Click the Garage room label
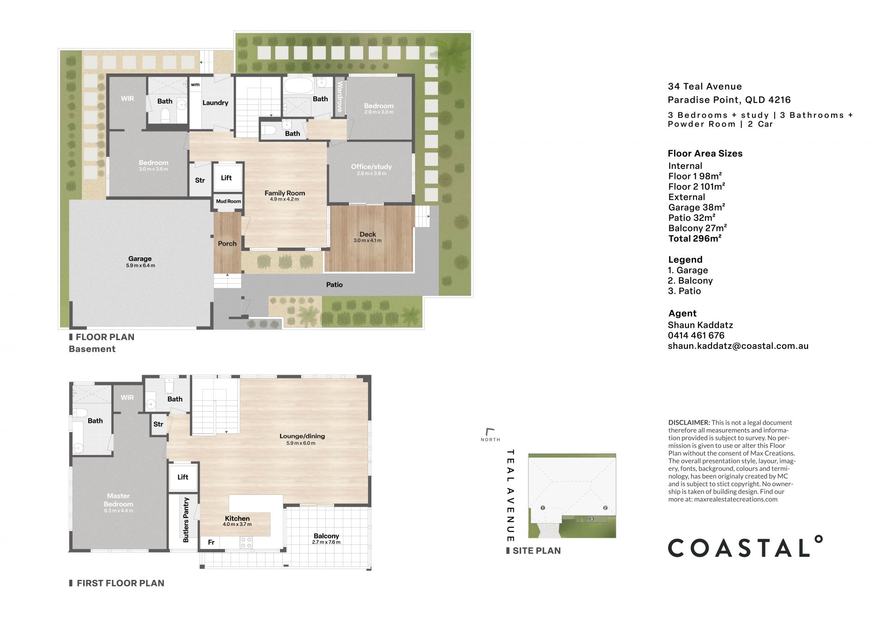pyautogui.click(x=140, y=259)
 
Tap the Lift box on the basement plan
pyautogui.click(x=226, y=177)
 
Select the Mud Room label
pyautogui.click(x=228, y=201)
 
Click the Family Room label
pyautogui.click(x=285, y=193)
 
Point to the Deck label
pyautogui.click(x=368, y=234)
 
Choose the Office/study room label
pyautogui.click(x=371, y=166)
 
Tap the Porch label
pyautogui.click(x=227, y=243)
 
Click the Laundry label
pyautogui.click(x=215, y=103)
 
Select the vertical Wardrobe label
pyautogui.click(x=340, y=97)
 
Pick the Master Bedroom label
pyautogui.click(x=118, y=500)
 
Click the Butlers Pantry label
pyautogui.click(x=186, y=520)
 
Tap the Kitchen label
pyautogui.click(x=237, y=518)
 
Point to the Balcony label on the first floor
pyautogui.click(x=326, y=536)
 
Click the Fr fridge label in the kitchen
pyautogui.click(x=211, y=542)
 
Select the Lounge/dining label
pyautogui.click(x=302, y=436)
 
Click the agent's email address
pyautogui.click(x=738, y=346)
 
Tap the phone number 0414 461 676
pyautogui.click(x=696, y=335)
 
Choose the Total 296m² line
pyautogui.click(x=695, y=238)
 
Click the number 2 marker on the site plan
pyautogui.click(x=605, y=508)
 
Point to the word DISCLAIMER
pyautogui.click(x=689, y=422)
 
